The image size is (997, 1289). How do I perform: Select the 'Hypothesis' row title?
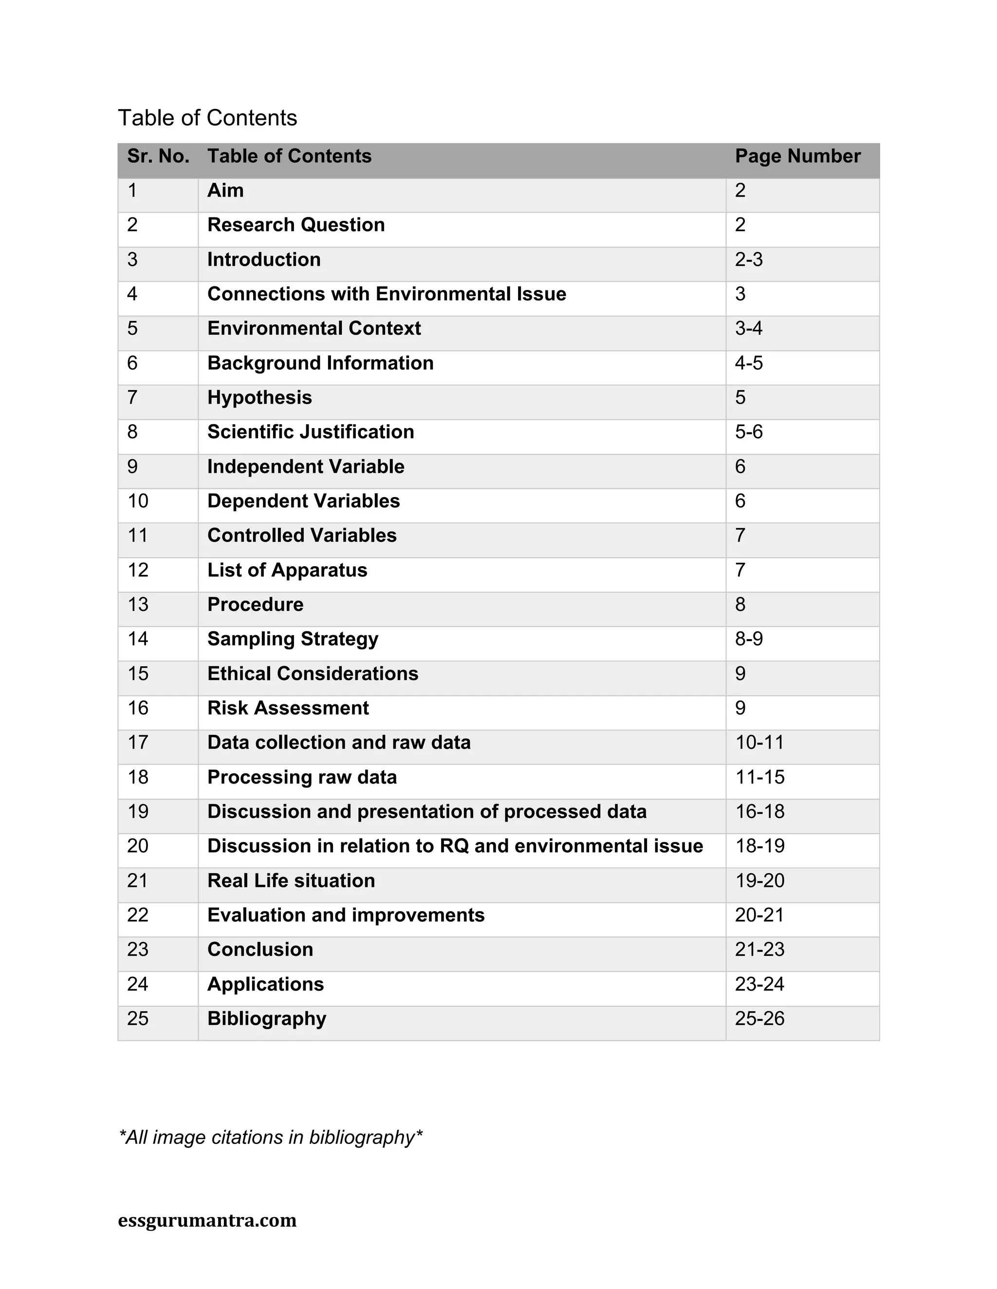(x=259, y=397)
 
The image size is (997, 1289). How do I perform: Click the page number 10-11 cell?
(x=759, y=742)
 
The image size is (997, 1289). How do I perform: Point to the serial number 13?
(x=138, y=604)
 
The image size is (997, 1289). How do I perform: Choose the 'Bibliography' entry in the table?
(x=266, y=1018)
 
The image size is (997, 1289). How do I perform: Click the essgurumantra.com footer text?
(x=207, y=1220)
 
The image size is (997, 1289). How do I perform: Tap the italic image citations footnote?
(x=271, y=1137)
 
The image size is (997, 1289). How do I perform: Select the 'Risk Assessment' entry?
(x=288, y=708)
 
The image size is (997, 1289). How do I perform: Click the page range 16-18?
(x=759, y=811)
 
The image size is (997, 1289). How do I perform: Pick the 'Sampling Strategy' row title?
(x=293, y=639)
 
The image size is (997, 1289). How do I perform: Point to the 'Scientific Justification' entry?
(x=310, y=431)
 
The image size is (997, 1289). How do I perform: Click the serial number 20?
(x=138, y=846)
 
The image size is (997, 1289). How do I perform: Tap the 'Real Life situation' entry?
(x=291, y=880)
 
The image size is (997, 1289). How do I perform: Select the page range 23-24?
(x=759, y=984)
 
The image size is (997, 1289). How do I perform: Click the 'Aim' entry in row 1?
(x=225, y=190)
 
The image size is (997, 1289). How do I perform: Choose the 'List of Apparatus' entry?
(x=287, y=570)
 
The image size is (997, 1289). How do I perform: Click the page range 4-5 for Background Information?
(x=748, y=362)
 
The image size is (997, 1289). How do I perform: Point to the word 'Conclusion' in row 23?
(x=260, y=949)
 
